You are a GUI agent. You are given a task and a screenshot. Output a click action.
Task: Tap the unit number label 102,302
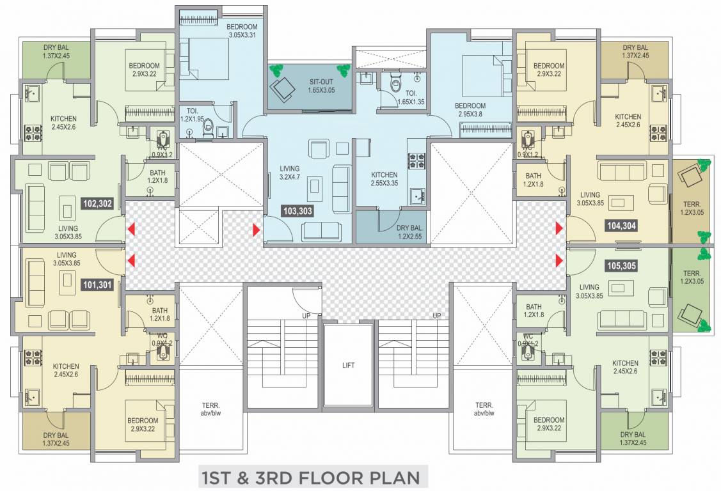98,204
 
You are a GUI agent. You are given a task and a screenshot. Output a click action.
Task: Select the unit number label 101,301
97,284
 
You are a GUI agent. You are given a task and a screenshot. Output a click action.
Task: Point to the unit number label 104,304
621,225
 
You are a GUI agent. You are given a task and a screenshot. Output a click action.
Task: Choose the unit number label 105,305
621,264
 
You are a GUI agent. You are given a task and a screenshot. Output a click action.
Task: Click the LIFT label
348,366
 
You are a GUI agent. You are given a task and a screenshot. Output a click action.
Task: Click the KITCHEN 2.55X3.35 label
384,179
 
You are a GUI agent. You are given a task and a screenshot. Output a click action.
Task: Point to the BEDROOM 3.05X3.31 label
242,30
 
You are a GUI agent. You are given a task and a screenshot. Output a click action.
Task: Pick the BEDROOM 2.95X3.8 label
470,110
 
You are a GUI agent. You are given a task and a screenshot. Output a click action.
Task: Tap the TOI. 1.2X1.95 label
191,114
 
